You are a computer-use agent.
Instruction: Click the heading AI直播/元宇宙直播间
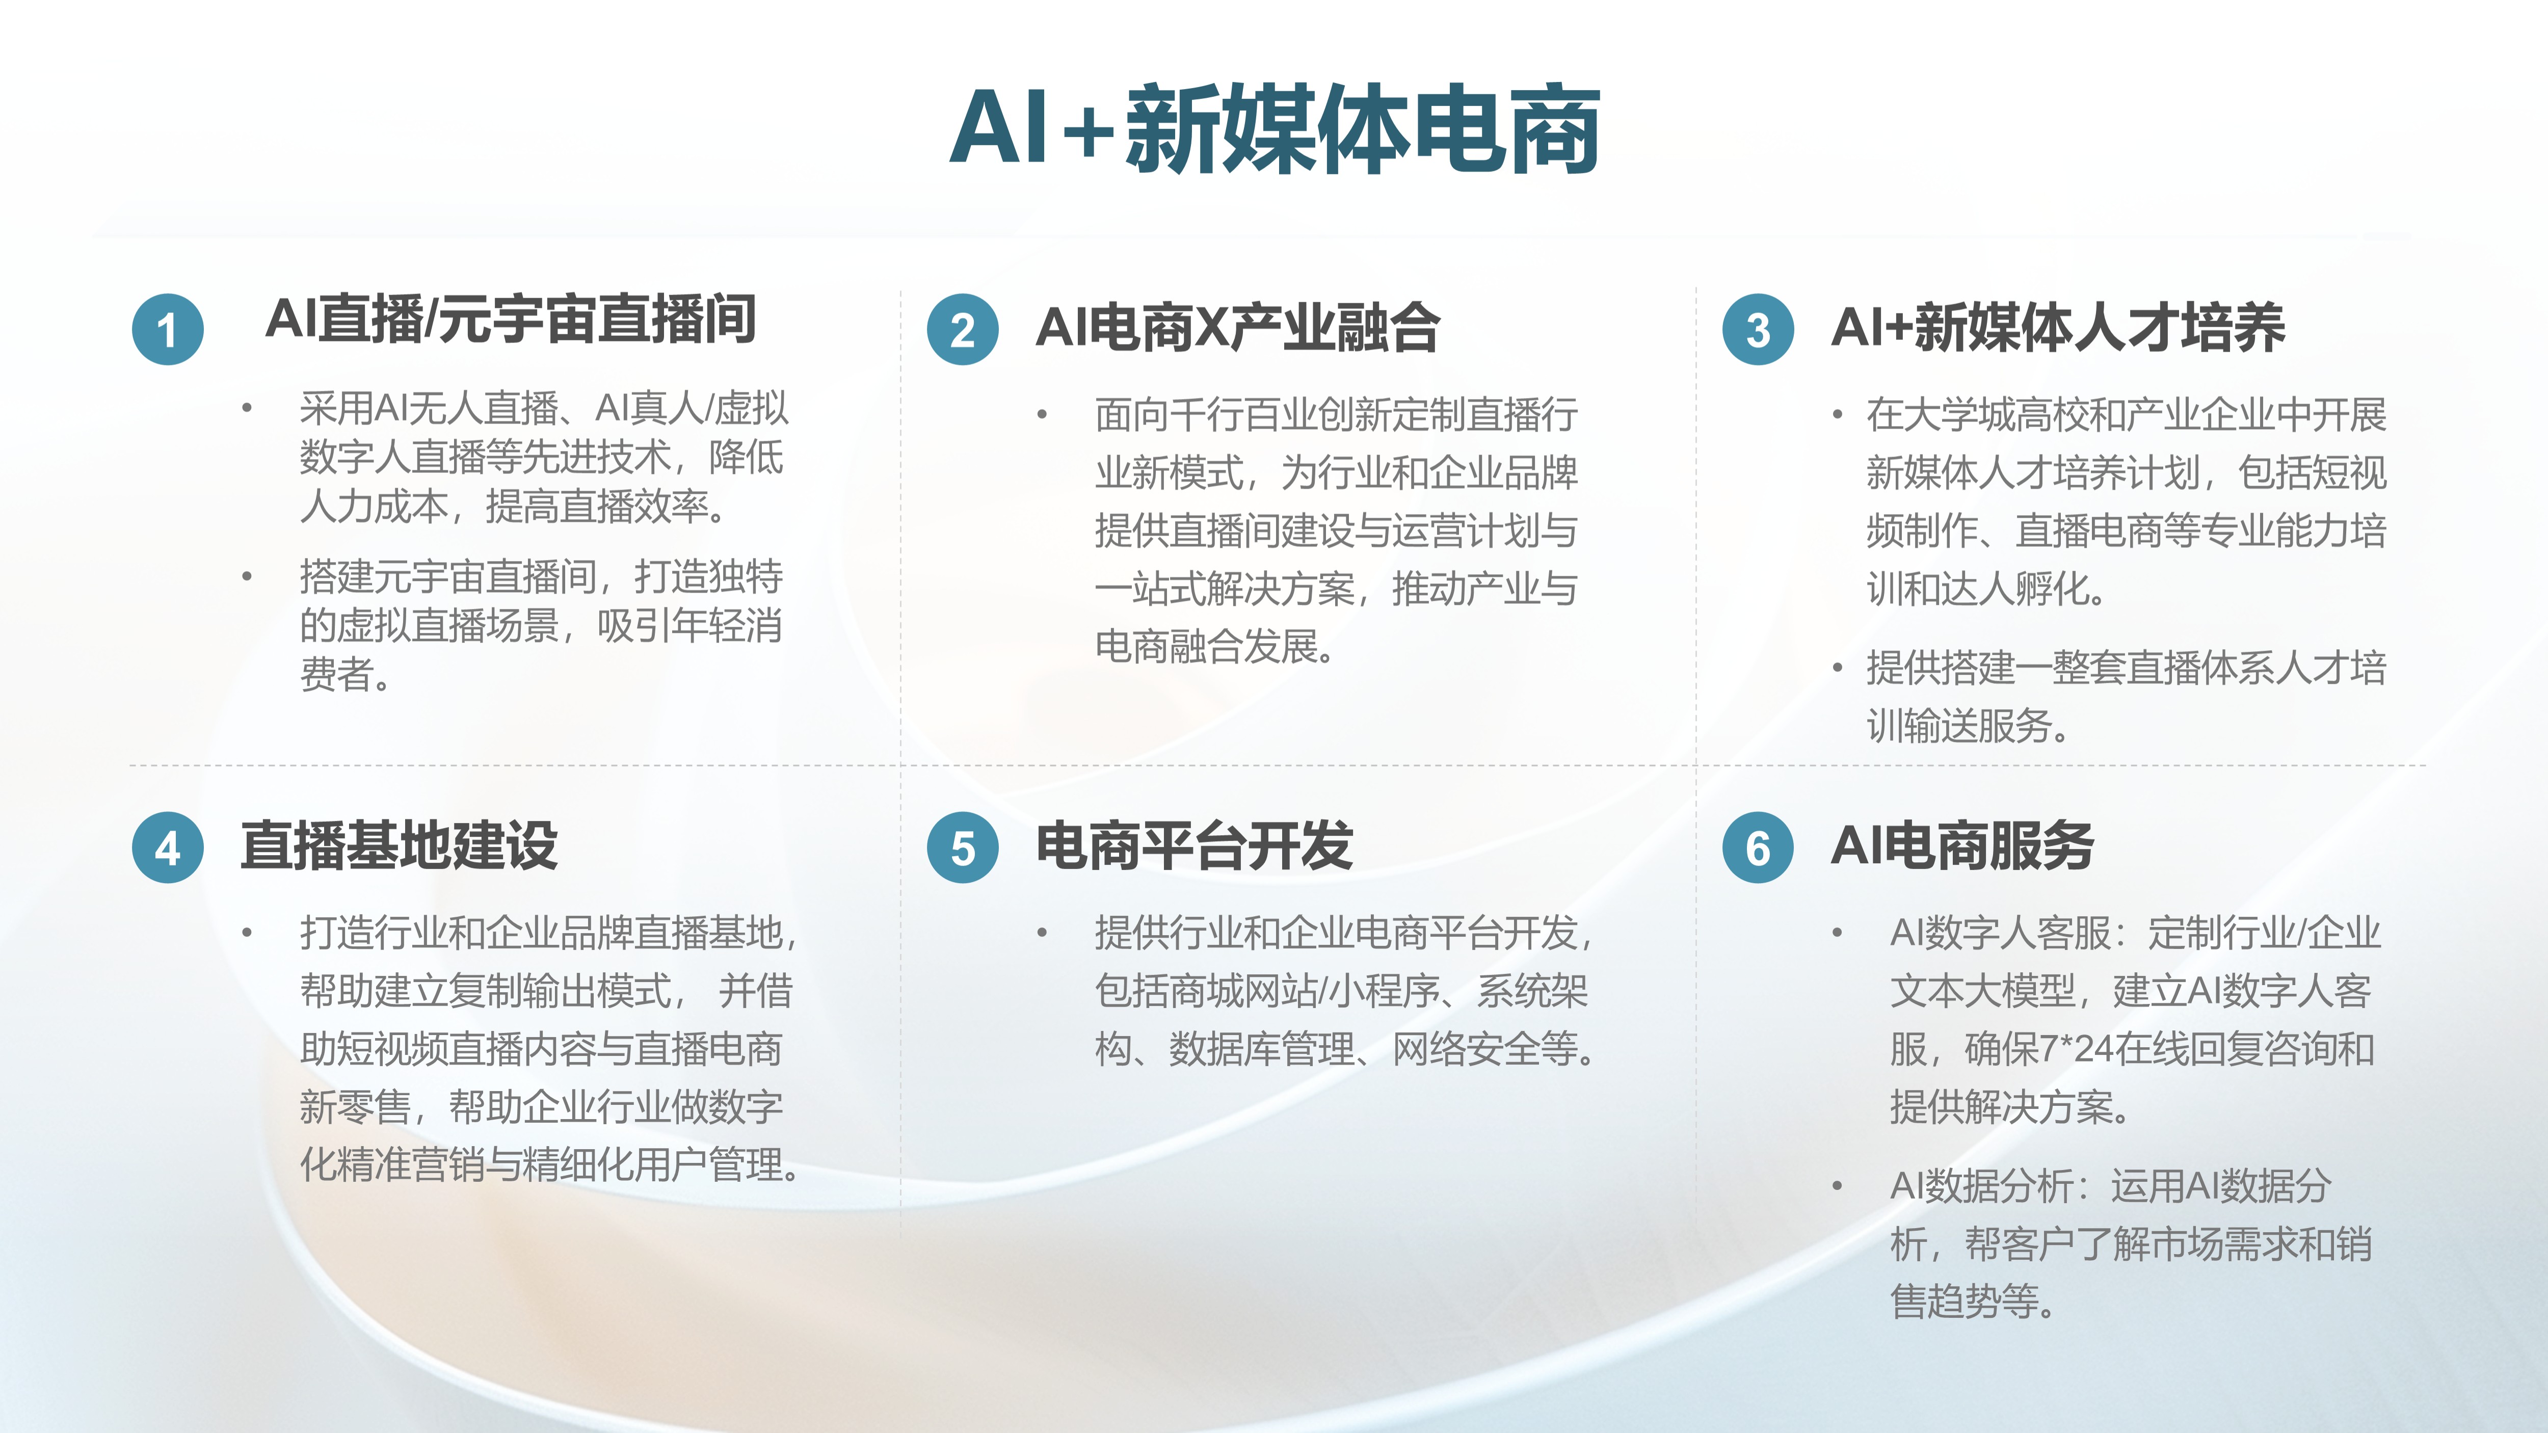pyautogui.click(x=511, y=320)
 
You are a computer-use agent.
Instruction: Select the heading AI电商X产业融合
pyautogui.click(x=1237, y=327)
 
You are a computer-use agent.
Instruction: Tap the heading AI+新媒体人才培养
pyautogui.click(x=2058, y=327)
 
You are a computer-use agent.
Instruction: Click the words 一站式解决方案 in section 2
pyautogui.click(x=1225, y=590)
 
